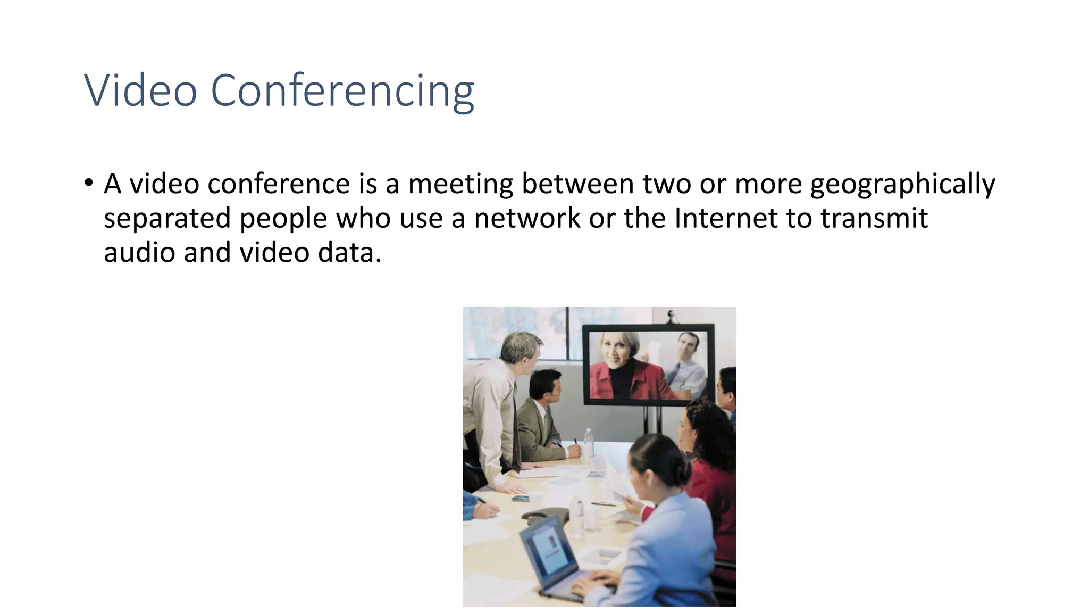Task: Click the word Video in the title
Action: coord(140,90)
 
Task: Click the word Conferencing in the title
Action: coord(342,92)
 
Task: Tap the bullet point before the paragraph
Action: coord(88,184)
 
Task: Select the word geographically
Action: coord(902,184)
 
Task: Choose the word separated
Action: coord(167,219)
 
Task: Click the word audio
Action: coord(139,252)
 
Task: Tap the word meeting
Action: coord(460,184)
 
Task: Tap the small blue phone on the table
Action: coord(521,498)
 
